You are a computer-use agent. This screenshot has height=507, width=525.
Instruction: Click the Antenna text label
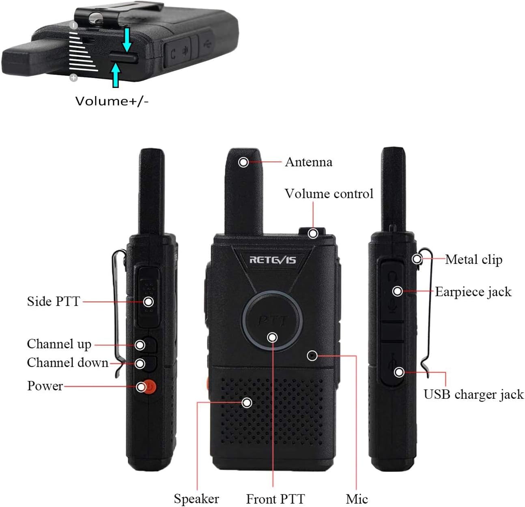pyautogui.click(x=309, y=162)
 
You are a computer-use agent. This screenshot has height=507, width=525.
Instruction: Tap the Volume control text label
pyautogui.click(x=329, y=194)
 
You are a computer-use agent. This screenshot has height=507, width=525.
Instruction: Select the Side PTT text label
pyautogui.click(x=54, y=302)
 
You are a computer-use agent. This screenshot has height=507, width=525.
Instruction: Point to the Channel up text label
pyautogui.click(x=59, y=344)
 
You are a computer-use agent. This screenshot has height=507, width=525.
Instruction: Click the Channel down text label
pyautogui.click(x=67, y=363)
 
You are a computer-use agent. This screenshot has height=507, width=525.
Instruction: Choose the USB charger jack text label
pyautogui.click(x=474, y=395)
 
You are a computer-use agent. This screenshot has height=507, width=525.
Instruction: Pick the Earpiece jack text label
pyautogui.click(x=473, y=292)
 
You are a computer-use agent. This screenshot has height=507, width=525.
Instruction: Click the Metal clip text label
pyautogui.click(x=474, y=259)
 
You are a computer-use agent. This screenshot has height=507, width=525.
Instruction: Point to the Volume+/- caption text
pyautogui.click(x=112, y=101)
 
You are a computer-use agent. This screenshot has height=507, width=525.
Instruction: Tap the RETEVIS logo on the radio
pyautogui.click(x=273, y=260)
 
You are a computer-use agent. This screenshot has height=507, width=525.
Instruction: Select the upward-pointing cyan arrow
pyautogui.click(x=116, y=75)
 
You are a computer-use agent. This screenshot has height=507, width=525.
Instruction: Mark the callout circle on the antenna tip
pyautogui.click(x=243, y=162)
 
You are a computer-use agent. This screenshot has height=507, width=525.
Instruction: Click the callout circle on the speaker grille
pyautogui.click(x=247, y=403)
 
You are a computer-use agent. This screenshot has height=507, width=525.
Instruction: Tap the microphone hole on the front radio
pyautogui.click(x=312, y=356)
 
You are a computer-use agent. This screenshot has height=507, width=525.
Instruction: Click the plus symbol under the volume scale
pyautogui.click(x=74, y=78)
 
